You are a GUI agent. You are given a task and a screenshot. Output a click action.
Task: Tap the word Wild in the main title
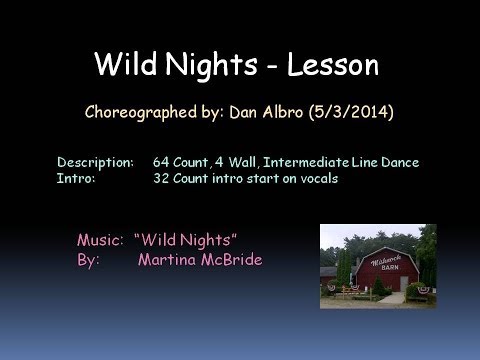(123, 66)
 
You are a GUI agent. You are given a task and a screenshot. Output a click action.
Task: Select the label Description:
(95, 161)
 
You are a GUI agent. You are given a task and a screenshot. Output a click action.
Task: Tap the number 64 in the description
(163, 161)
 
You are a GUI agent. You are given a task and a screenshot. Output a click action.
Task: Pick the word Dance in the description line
(400, 161)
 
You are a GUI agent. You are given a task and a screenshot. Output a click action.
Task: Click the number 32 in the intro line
(163, 178)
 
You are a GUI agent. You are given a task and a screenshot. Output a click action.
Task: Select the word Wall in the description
(227, 161)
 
